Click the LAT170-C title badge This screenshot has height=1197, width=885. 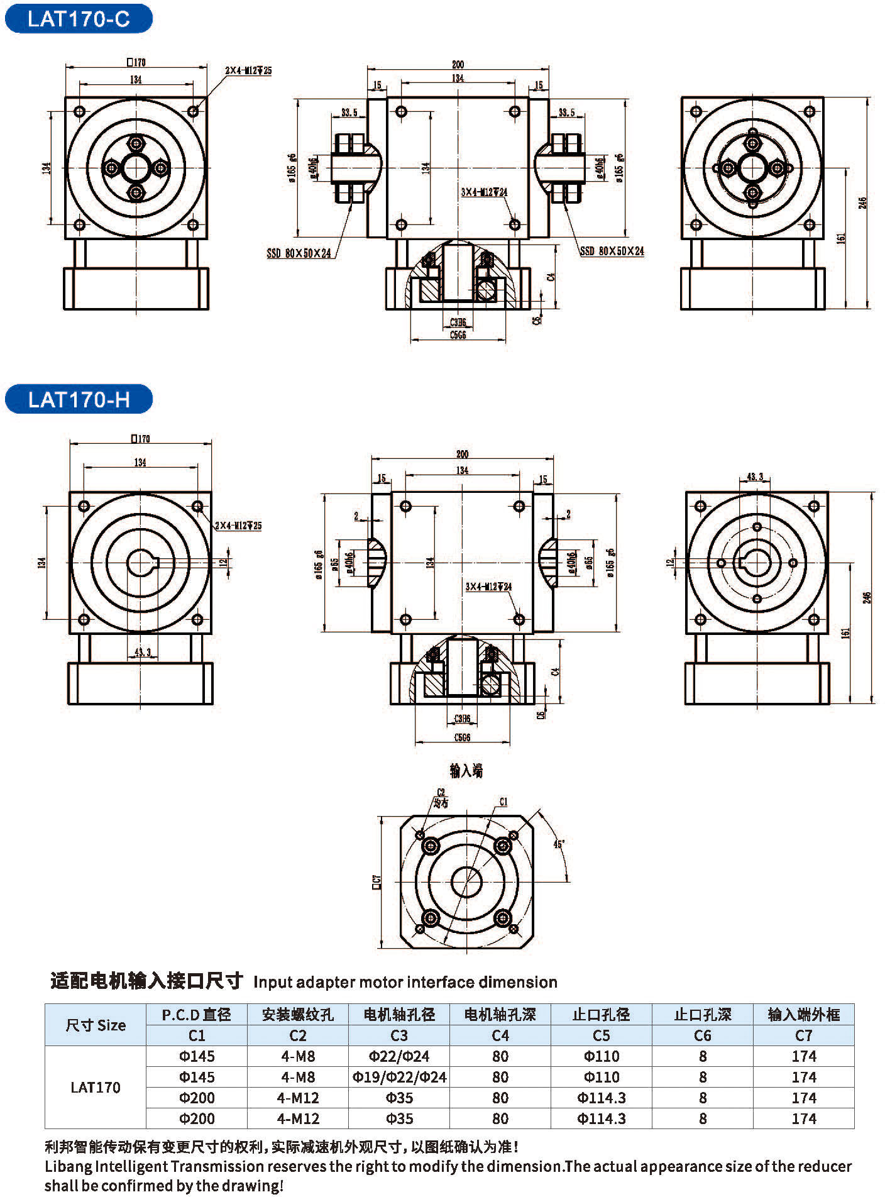click(x=79, y=19)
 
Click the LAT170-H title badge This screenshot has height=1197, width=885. click(x=79, y=399)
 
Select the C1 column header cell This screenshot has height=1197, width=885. click(x=197, y=1035)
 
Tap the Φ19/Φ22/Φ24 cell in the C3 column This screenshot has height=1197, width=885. click(x=399, y=1077)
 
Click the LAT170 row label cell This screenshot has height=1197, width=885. click(x=96, y=1087)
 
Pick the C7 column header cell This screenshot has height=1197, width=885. click(x=804, y=1035)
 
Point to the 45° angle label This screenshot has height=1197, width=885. click(x=558, y=844)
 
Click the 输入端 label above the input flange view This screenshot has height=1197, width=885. click(x=466, y=771)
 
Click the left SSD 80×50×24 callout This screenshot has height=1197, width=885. click(x=299, y=253)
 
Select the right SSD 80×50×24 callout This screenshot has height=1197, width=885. click(x=612, y=251)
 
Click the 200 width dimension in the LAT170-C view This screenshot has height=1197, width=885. click(x=458, y=64)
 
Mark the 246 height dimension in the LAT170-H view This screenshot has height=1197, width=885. click(x=867, y=597)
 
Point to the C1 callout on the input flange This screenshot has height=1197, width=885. click(x=503, y=802)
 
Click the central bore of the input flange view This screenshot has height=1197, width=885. click(x=466, y=882)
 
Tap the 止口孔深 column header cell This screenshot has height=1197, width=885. click(x=703, y=1015)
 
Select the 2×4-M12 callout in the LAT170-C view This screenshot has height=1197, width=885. click(x=249, y=70)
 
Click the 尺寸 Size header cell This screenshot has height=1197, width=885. click(x=96, y=1025)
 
